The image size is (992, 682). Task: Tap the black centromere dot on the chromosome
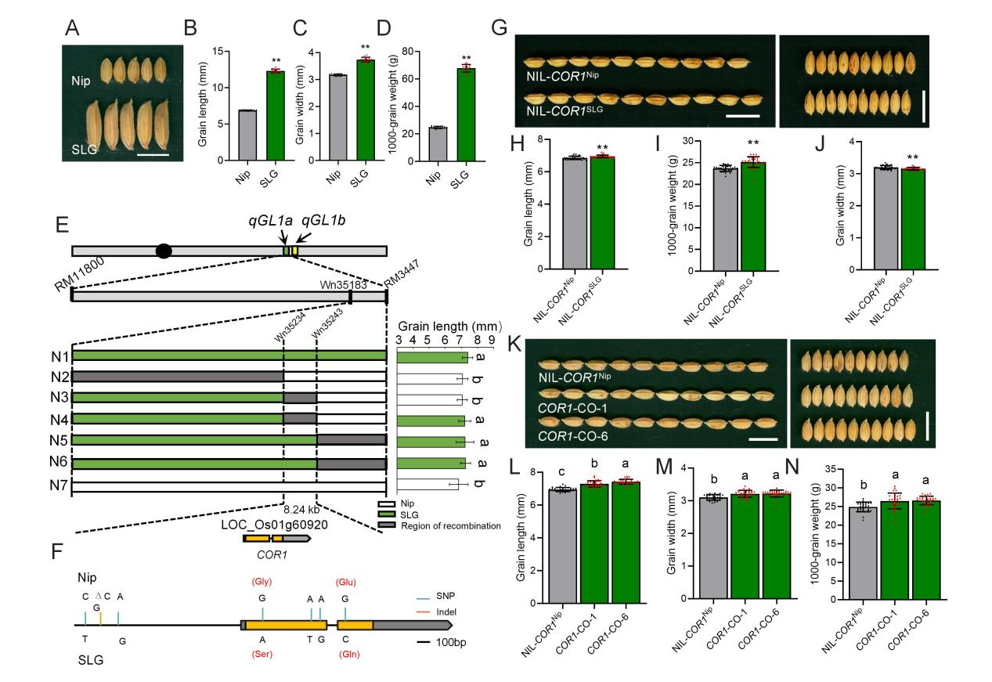(x=164, y=251)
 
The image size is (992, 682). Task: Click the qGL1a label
(x=271, y=221)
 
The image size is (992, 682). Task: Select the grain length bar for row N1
(x=431, y=357)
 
